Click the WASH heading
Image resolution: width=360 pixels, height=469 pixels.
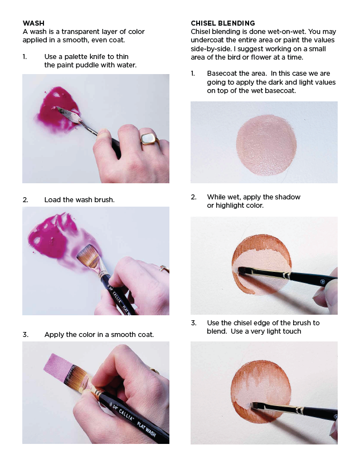coord(33,23)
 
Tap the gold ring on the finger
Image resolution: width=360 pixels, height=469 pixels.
coord(149,138)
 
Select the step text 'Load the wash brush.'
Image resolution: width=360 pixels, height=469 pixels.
coord(79,199)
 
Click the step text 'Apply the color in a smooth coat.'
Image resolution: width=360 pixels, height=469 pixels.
coord(99,335)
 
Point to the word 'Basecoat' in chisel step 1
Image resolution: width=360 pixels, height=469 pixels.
coord(223,74)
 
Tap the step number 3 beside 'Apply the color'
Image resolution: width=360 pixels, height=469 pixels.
coord(25,335)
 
